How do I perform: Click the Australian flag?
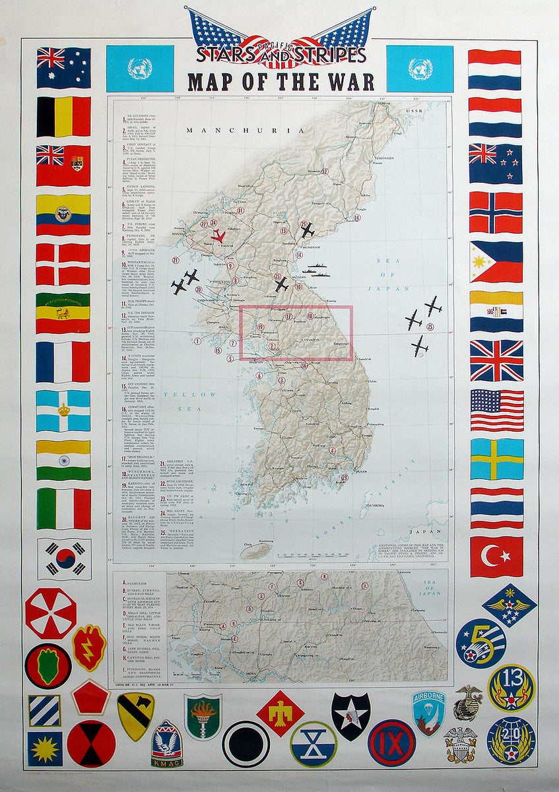coord(63,68)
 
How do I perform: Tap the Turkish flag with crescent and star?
coord(496,556)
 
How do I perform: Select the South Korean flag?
coord(63,559)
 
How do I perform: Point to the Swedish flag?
coord(496,459)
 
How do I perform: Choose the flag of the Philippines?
coord(496,261)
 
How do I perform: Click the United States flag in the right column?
coord(496,410)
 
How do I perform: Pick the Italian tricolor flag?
coord(63,509)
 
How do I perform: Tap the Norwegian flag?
coord(496,213)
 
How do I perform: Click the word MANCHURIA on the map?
coord(246,131)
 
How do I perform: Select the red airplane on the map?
coord(217,236)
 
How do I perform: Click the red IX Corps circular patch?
coord(391,742)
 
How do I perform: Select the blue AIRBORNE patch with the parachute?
coord(429,713)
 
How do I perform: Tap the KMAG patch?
coord(167,744)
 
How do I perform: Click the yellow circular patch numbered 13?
coord(511,687)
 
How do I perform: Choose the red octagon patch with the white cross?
coord(51,613)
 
